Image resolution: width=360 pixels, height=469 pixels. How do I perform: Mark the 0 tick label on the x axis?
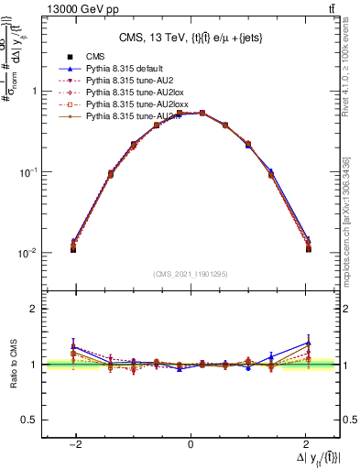191,444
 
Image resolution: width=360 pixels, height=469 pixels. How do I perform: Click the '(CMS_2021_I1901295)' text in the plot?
190,274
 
